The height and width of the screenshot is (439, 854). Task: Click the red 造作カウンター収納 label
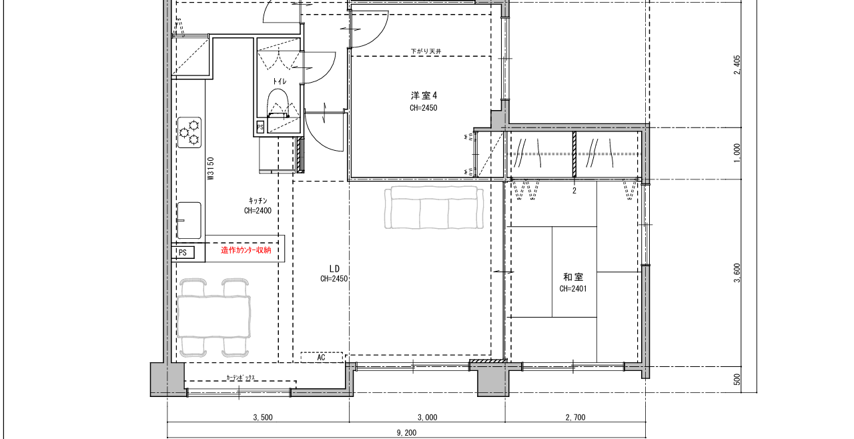click(246, 250)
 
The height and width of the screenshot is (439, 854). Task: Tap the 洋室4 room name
click(424, 95)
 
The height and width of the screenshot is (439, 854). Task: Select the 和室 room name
click(573, 277)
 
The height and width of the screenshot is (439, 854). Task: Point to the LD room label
click(334, 269)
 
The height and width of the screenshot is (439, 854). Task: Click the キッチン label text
click(258, 200)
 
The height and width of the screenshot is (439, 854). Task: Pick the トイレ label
click(280, 81)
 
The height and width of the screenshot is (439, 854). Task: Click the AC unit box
click(322, 358)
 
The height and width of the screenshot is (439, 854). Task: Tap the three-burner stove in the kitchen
click(189, 132)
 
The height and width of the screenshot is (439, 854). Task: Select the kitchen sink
click(189, 221)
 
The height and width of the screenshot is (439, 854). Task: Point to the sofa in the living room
click(434, 207)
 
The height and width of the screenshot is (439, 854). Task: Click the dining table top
click(213, 317)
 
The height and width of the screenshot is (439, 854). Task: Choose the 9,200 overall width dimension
click(406, 433)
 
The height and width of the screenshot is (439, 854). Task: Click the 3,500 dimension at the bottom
click(263, 418)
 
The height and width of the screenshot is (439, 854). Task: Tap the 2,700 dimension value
click(575, 418)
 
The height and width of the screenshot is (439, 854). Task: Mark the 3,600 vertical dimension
click(737, 273)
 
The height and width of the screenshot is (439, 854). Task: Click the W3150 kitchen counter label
click(210, 168)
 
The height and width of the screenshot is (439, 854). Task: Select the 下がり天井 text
click(426, 51)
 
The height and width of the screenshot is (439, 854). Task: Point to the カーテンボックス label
click(241, 378)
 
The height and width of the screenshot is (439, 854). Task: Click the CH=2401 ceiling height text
click(573, 289)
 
